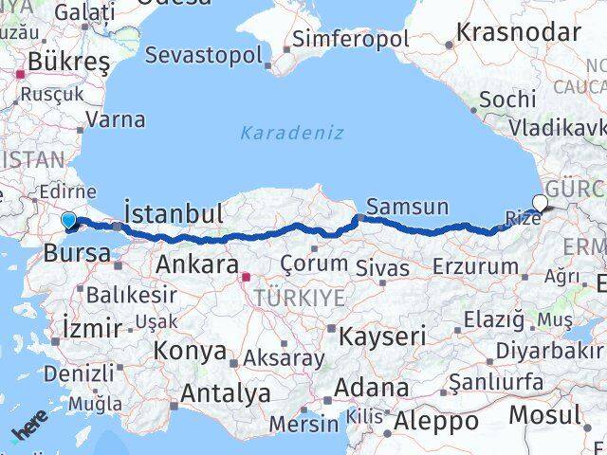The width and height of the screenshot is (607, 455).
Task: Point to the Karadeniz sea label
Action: coord(291,132)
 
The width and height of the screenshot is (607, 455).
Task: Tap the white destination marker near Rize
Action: coord(541,202)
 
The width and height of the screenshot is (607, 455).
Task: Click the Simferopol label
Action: coord(351,39)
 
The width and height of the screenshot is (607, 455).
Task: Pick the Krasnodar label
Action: coord(517,31)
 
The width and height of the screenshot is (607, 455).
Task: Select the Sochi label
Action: coord(507,100)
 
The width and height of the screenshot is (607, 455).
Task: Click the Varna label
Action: coord(115,120)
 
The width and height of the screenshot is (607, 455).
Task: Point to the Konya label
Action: coord(189,350)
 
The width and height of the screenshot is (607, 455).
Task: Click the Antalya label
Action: coord(225,392)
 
